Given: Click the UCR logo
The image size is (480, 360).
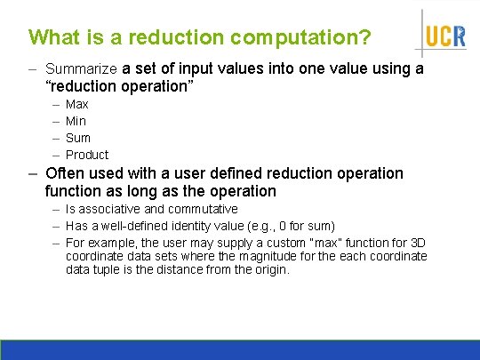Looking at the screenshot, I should (x=444, y=36).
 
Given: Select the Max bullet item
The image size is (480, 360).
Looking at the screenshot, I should (x=77, y=104).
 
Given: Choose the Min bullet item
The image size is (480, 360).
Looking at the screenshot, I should (x=76, y=121).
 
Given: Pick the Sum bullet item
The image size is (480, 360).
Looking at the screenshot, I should (x=78, y=138).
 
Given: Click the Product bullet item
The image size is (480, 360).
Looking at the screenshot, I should (x=87, y=155).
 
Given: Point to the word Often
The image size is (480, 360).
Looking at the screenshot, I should (x=63, y=173).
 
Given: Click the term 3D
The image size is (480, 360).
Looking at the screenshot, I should (x=415, y=243).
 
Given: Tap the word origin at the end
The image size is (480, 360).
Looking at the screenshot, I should (x=269, y=269).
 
